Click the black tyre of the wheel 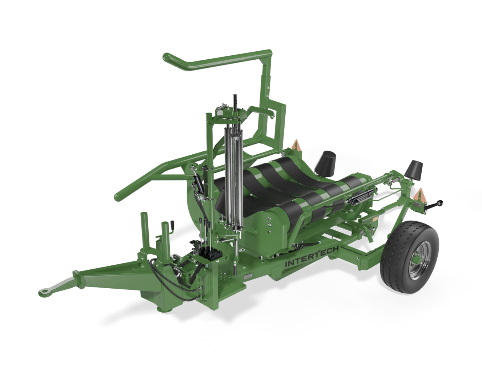pyautogui.click(x=410, y=257)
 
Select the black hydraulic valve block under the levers pyautogui.click(x=205, y=253)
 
